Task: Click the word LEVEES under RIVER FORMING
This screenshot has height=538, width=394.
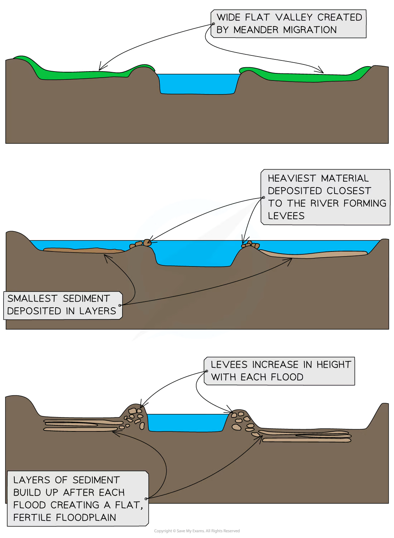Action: [x=286, y=216]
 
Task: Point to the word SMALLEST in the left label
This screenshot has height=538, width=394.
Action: [x=32, y=298]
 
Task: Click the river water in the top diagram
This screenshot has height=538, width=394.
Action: [x=198, y=84]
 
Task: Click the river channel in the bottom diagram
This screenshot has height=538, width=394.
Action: [x=187, y=422]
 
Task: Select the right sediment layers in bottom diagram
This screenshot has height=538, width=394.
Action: [x=304, y=436]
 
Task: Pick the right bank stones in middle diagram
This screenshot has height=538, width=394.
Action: [x=250, y=245]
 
